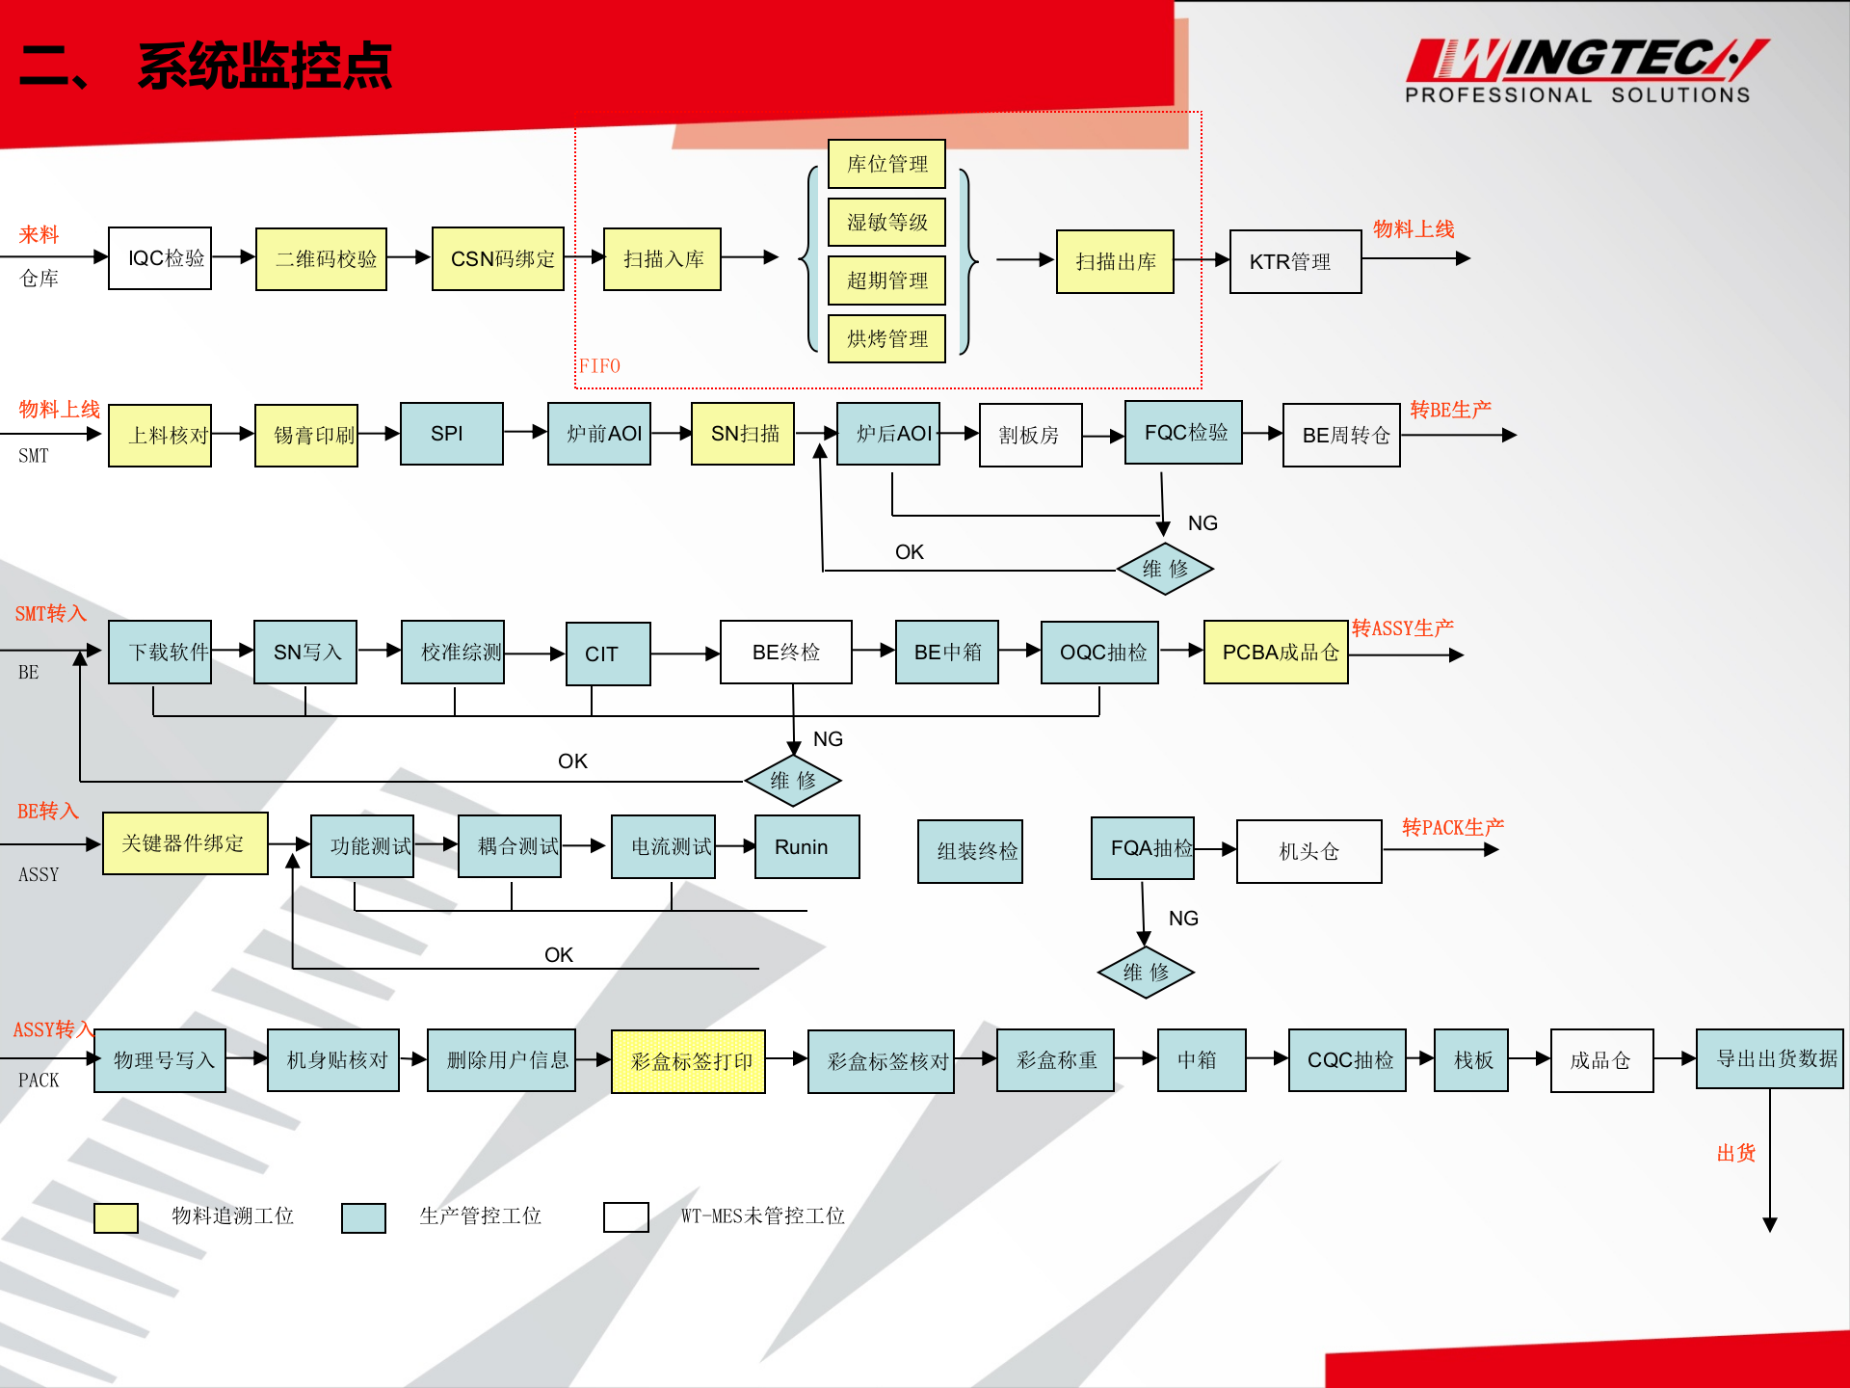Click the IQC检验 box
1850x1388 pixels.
160,258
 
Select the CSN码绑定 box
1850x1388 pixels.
498,259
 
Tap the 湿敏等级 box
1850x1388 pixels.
886,223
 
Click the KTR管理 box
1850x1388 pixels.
1295,261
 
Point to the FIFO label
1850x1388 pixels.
599,366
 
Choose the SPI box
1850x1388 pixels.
451,434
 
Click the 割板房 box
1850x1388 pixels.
1030,436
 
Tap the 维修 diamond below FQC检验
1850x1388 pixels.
1165,569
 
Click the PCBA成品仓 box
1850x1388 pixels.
1276,653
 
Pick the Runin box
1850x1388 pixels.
806,847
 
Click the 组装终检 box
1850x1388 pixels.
970,851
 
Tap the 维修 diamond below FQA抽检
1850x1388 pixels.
1146,973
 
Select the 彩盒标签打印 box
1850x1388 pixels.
688,1061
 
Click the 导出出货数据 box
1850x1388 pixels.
1770,1059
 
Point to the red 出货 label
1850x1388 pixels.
1735,1153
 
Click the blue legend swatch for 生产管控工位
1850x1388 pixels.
363,1217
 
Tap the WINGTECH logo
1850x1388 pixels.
1585,70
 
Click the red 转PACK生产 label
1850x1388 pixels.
1452,827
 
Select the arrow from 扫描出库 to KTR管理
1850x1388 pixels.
1202,260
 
